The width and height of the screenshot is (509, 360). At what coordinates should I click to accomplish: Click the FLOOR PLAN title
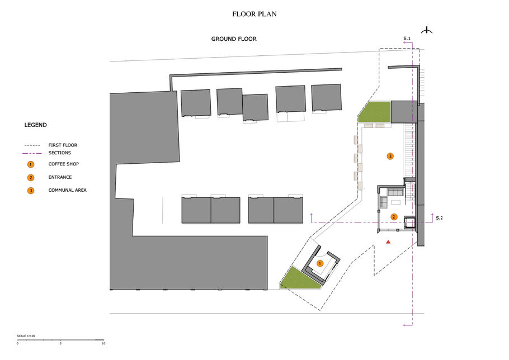(254, 14)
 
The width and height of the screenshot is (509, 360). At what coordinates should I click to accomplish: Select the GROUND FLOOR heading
(234, 39)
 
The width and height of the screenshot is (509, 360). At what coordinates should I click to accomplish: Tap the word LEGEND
(35, 125)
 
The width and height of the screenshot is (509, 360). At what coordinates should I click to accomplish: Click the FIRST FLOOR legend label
(63, 145)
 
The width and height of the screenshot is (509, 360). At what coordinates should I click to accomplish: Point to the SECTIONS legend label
(59, 153)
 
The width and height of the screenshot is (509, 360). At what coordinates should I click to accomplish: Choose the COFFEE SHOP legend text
(63, 164)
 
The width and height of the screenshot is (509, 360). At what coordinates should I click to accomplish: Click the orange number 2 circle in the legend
(31, 177)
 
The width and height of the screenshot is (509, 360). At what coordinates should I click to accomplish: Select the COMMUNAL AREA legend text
(67, 190)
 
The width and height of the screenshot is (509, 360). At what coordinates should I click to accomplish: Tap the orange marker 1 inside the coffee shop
(320, 263)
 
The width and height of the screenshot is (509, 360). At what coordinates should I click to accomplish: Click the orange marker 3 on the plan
(390, 157)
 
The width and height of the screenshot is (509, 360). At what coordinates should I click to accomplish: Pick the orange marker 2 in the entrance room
(394, 217)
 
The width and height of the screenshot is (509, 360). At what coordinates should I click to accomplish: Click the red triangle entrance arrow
(388, 241)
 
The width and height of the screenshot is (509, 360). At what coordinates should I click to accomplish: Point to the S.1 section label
(407, 38)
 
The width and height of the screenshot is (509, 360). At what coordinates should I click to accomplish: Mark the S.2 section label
(439, 218)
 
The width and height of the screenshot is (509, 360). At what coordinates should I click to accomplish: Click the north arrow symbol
(427, 31)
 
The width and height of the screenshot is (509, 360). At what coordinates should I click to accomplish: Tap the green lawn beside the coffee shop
(299, 279)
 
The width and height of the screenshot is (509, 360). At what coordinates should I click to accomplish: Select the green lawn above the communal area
(375, 112)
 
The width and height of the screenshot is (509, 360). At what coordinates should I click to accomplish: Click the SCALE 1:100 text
(26, 336)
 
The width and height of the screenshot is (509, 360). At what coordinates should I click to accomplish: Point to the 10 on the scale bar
(103, 343)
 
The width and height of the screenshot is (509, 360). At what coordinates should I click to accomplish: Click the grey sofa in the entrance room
(395, 192)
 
